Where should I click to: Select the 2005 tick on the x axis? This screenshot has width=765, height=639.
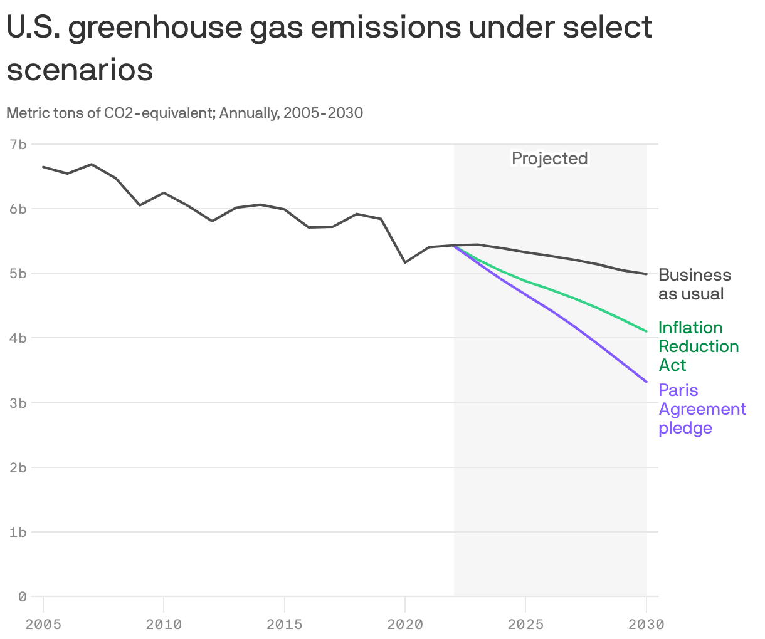(x=43, y=624)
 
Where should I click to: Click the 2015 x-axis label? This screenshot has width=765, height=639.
(x=285, y=624)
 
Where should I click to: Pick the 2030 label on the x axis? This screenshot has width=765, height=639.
(x=646, y=624)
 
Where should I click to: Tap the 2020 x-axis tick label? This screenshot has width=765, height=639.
(x=405, y=624)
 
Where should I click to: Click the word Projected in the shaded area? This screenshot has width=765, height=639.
(x=550, y=158)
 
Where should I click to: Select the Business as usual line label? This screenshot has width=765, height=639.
(x=694, y=284)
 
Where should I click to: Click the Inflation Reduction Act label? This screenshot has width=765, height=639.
(x=698, y=346)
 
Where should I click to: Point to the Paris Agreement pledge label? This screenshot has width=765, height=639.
(x=702, y=409)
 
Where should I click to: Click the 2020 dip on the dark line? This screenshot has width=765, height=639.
(x=405, y=262)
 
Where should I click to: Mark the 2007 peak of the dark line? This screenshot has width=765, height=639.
(x=92, y=164)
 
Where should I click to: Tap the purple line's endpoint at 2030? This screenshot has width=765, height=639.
(x=646, y=382)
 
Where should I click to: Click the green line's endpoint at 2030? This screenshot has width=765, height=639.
(x=646, y=331)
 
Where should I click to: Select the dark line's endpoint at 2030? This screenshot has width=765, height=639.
(x=646, y=274)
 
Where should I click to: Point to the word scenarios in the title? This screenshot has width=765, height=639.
(x=80, y=70)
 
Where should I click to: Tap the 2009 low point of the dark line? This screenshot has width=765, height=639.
(x=140, y=205)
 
